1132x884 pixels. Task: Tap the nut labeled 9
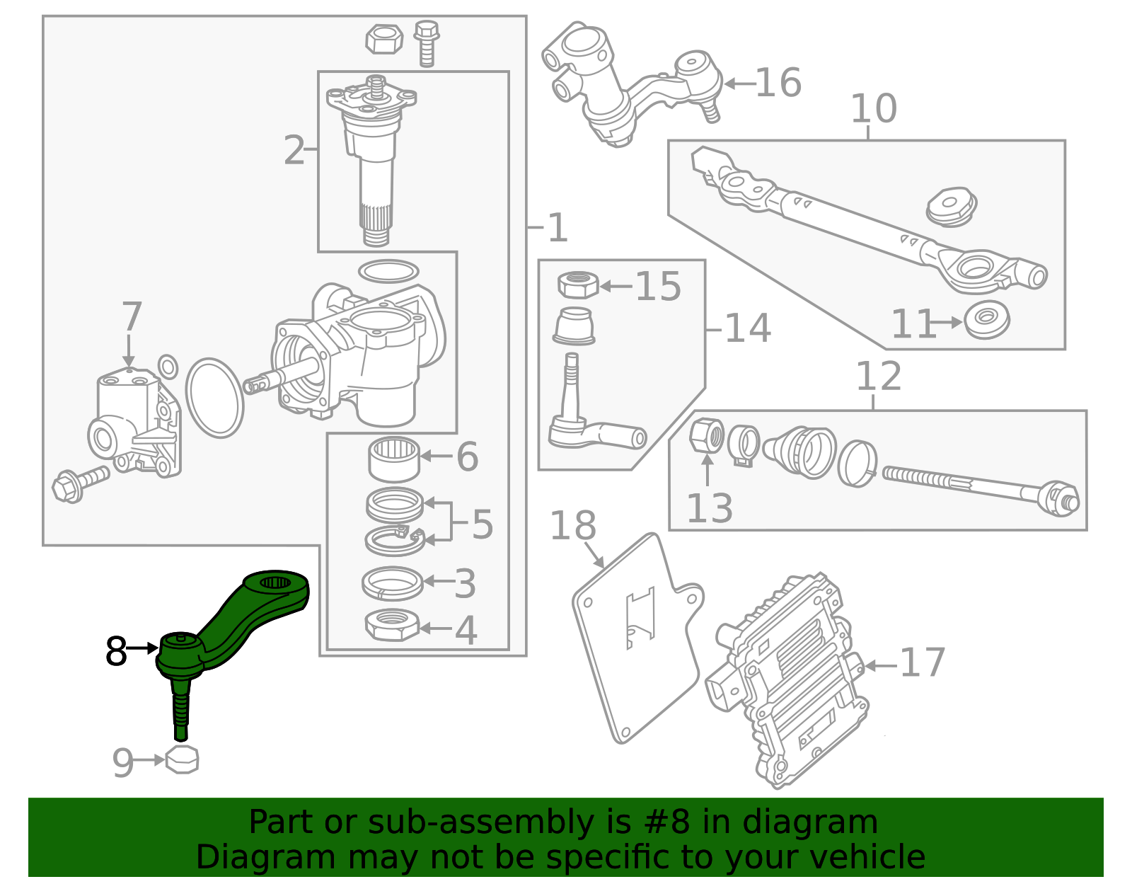[182, 759]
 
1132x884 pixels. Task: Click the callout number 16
[778, 83]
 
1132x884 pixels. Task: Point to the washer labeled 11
[987, 320]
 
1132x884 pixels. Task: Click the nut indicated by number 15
[578, 285]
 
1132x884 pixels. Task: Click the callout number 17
[923, 663]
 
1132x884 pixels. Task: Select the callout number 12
[878, 377]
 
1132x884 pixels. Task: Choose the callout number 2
[294, 151]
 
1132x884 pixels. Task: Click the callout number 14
[748, 328]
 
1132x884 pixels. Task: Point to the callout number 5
[482, 524]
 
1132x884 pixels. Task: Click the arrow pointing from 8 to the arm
[144, 648]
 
